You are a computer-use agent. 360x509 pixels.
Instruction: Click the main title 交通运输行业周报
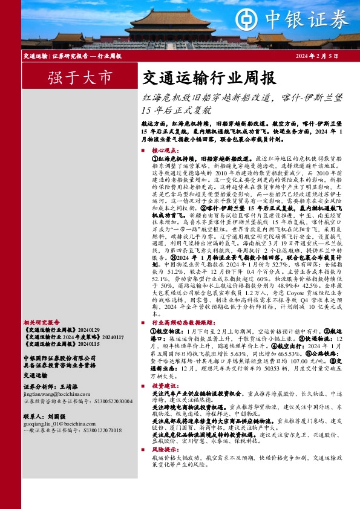click(x=208, y=78)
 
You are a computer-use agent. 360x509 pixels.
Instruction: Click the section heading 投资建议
click(x=165, y=385)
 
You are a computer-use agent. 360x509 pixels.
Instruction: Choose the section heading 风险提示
click(x=165, y=449)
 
